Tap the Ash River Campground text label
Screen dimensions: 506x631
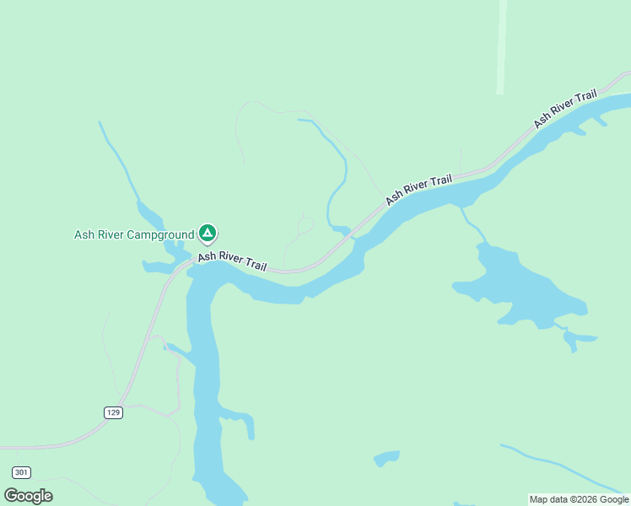pos(134,234)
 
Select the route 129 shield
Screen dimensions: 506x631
pos(114,412)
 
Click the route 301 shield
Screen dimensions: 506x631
pos(22,472)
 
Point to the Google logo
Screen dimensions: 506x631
pos(29,495)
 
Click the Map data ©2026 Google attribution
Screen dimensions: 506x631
pos(579,499)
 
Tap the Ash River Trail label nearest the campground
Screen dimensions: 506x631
pos(232,261)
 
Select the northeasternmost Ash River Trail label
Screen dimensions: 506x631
pos(565,108)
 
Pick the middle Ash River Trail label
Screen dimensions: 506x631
pos(418,189)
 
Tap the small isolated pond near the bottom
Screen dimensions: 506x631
pos(386,459)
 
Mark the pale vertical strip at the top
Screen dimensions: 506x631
pos(501,46)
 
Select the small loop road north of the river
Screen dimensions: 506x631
pos(305,225)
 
